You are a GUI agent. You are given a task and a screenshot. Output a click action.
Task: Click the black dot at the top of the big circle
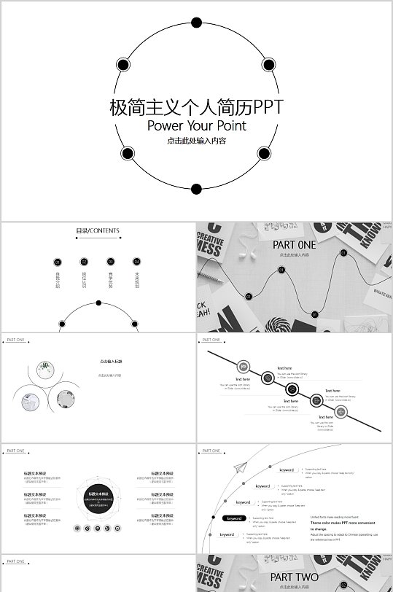(x=196, y=23)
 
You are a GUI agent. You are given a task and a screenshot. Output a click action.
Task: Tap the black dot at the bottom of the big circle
(x=195, y=189)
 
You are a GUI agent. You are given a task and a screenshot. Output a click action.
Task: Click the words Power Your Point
(x=196, y=125)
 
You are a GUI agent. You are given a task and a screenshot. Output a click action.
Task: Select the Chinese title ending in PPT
(x=196, y=107)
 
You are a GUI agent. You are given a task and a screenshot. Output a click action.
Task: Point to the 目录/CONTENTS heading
(x=98, y=231)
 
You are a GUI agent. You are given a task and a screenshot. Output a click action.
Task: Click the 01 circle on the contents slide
(x=58, y=261)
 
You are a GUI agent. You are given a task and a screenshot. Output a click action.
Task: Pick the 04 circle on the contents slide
(x=136, y=261)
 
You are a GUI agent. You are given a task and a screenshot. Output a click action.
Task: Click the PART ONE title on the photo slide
(x=295, y=245)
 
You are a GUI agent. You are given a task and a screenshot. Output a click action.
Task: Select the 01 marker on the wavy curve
(x=249, y=297)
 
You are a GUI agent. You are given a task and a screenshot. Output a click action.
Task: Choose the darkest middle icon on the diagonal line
(x=292, y=389)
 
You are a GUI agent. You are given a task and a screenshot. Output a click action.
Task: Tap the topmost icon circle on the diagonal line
(x=244, y=366)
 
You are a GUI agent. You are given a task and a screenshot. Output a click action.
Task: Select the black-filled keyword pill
(x=235, y=518)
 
